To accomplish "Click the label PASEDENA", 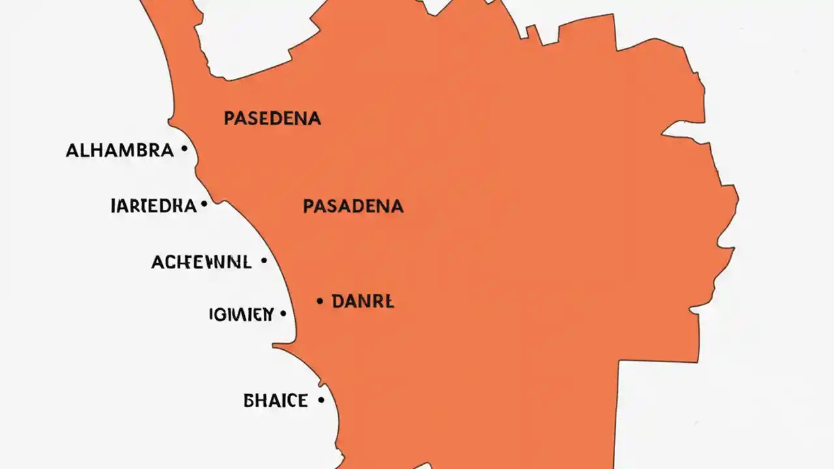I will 272,118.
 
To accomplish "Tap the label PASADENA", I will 352,206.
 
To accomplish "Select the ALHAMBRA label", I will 120,150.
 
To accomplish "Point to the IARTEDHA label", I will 154,206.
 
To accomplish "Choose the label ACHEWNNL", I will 201,263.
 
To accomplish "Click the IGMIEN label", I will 241,315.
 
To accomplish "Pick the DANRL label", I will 362,302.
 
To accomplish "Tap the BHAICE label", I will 275,401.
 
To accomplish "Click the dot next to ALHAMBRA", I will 184,149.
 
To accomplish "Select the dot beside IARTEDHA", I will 204,205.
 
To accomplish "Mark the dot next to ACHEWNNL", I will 263,261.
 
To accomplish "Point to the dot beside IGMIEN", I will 283,313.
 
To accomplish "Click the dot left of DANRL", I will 320,301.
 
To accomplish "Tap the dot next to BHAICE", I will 321,400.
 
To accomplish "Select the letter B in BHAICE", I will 249,401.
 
